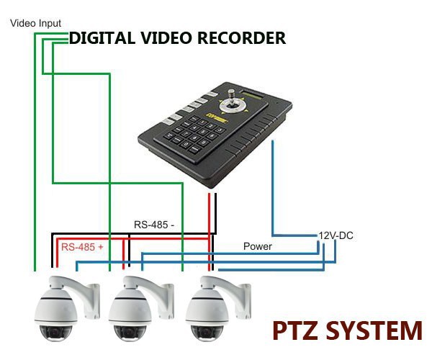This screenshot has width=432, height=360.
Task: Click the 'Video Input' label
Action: click(35, 23)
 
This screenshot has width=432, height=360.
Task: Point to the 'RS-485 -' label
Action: click(154, 224)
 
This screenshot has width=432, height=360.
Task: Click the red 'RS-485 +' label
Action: click(82, 247)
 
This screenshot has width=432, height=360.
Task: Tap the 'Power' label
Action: click(257, 246)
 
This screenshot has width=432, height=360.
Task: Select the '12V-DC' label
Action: click(336, 235)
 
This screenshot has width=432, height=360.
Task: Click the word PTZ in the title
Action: click(295, 330)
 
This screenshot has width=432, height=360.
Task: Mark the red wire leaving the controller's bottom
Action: click(213, 216)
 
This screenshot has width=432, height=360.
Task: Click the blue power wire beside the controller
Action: click(273, 187)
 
